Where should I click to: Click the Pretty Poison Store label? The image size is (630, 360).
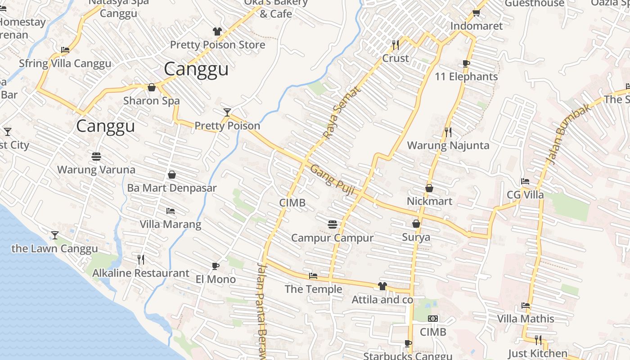[x=217, y=45]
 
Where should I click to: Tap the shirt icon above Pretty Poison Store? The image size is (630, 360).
[x=217, y=31]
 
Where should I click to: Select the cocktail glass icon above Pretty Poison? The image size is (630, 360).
[x=227, y=112]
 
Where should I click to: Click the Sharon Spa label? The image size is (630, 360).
[x=151, y=100]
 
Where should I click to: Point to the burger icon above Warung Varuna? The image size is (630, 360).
[x=96, y=157]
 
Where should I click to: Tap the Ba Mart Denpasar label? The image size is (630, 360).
[x=171, y=188]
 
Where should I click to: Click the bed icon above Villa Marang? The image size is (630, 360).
[x=171, y=211]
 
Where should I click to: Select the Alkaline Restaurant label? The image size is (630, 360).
[x=140, y=273]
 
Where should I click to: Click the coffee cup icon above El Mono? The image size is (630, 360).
[x=216, y=266]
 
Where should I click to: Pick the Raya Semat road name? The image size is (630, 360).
[x=342, y=112]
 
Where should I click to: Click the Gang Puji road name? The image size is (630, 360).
[x=333, y=180]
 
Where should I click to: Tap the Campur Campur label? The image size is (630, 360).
[x=332, y=238]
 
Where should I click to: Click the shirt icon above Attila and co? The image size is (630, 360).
[x=382, y=286]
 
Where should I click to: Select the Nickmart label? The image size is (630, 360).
[x=429, y=201]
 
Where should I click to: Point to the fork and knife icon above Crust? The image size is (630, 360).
[x=395, y=45]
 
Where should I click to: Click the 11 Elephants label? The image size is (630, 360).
[x=466, y=76]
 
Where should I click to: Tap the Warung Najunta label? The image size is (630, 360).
[x=448, y=145]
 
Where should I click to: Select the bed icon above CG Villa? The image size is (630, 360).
[x=525, y=182]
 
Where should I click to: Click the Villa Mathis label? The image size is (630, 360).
[x=525, y=319]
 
